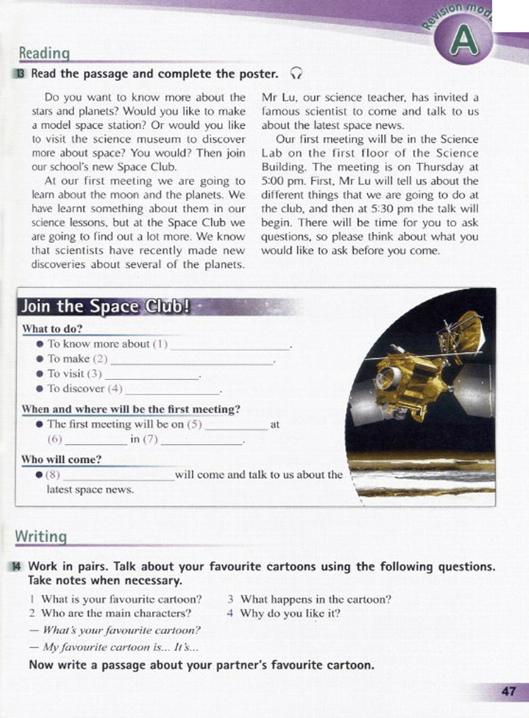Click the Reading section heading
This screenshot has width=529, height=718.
44,53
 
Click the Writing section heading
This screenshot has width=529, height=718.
41,536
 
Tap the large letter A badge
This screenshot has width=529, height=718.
463,42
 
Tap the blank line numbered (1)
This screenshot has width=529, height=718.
230,346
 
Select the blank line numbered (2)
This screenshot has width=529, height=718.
191,361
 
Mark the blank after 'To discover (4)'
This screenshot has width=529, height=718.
173,391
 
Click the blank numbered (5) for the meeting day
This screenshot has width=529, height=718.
235,427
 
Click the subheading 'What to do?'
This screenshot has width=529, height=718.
52,329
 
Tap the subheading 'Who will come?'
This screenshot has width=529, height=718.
61,459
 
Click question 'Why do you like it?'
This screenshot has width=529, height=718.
290,613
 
